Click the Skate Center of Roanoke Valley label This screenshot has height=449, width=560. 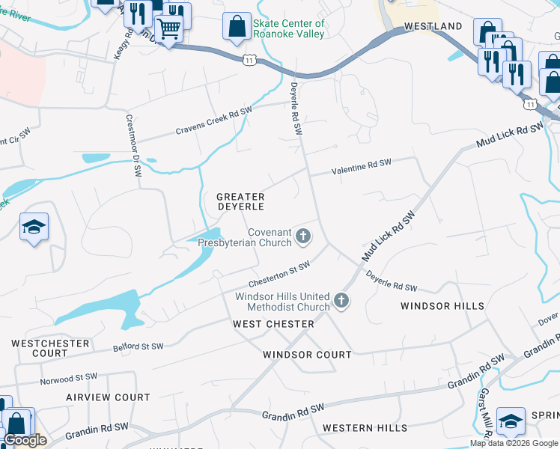(x=289, y=28)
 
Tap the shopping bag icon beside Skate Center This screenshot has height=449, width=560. (x=237, y=28)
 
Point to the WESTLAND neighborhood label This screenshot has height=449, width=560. (x=433, y=26)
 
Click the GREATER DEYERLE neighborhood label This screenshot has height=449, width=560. (x=240, y=201)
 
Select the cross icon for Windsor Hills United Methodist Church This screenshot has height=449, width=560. (x=341, y=302)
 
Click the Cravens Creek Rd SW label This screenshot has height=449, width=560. (x=213, y=121)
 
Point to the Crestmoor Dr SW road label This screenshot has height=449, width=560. (x=133, y=146)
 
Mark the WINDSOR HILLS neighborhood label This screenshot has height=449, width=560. (x=442, y=306)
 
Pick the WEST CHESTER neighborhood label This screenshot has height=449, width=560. (x=273, y=324)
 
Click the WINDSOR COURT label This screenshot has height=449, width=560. (x=307, y=355)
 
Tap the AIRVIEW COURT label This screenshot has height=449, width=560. (x=108, y=397)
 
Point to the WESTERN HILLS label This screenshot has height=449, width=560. (x=365, y=428)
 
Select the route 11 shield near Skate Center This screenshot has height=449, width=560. (x=249, y=60)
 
